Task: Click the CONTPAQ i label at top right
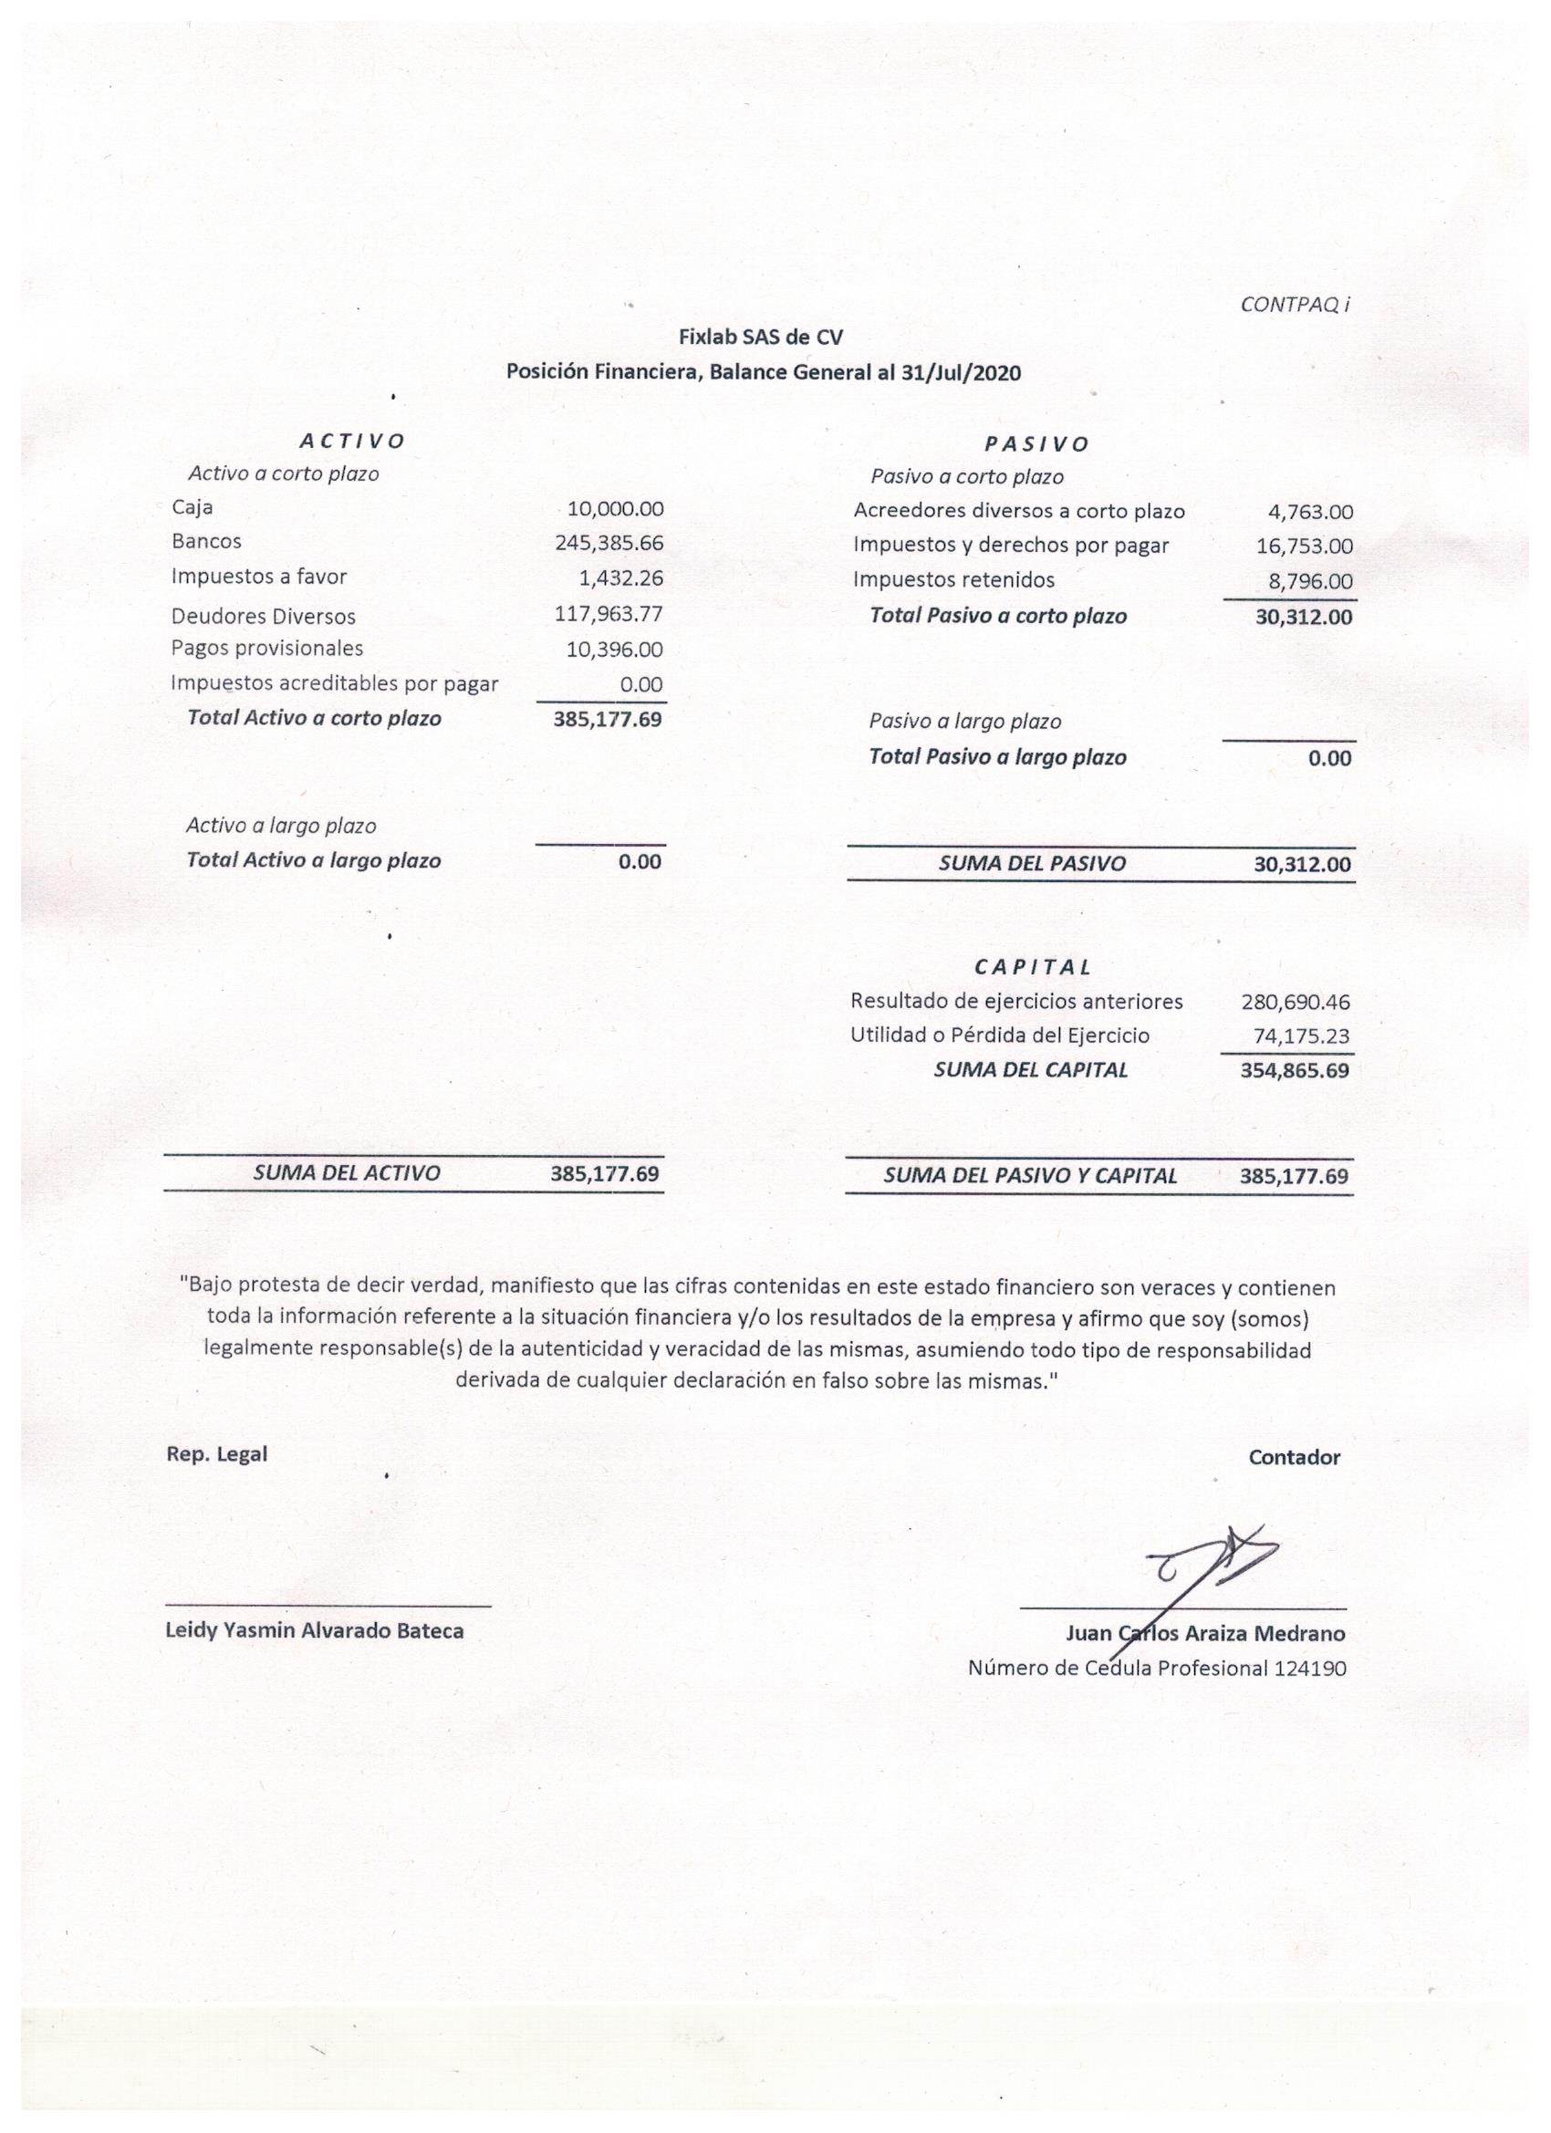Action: coord(1295,305)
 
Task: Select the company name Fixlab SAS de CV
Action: coord(761,337)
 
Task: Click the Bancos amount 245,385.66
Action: coord(609,543)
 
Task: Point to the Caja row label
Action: coord(192,508)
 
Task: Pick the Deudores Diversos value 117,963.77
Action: coord(609,614)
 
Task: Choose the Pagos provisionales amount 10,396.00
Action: coord(614,649)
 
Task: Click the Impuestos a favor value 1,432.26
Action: coord(620,577)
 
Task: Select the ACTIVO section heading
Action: coord(352,440)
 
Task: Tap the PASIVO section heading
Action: coord(1036,444)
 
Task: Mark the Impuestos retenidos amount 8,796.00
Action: coord(1310,581)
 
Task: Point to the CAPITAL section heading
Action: coord(1033,967)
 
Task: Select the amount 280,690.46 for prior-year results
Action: coord(1296,1003)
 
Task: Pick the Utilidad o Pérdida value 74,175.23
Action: coord(1301,1036)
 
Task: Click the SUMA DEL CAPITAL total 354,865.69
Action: coord(1295,1070)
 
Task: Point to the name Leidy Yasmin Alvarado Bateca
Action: coord(314,1631)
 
